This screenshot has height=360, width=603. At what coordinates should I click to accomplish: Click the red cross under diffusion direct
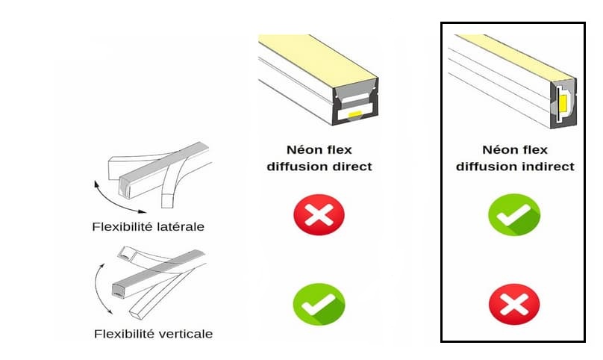(x=319, y=214)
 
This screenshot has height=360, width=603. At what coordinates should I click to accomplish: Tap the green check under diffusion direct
(x=319, y=304)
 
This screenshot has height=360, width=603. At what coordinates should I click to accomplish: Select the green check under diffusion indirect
(x=514, y=214)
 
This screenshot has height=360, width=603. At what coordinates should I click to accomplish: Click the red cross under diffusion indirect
(x=514, y=304)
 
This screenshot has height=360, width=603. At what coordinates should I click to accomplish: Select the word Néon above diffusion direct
(x=301, y=149)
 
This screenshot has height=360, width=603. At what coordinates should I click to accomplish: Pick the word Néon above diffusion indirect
(x=497, y=149)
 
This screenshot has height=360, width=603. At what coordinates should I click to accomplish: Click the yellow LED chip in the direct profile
(x=354, y=114)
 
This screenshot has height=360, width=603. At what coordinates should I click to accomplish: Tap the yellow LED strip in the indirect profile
(x=563, y=103)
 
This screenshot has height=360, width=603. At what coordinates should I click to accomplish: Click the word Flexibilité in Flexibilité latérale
(x=119, y=226)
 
